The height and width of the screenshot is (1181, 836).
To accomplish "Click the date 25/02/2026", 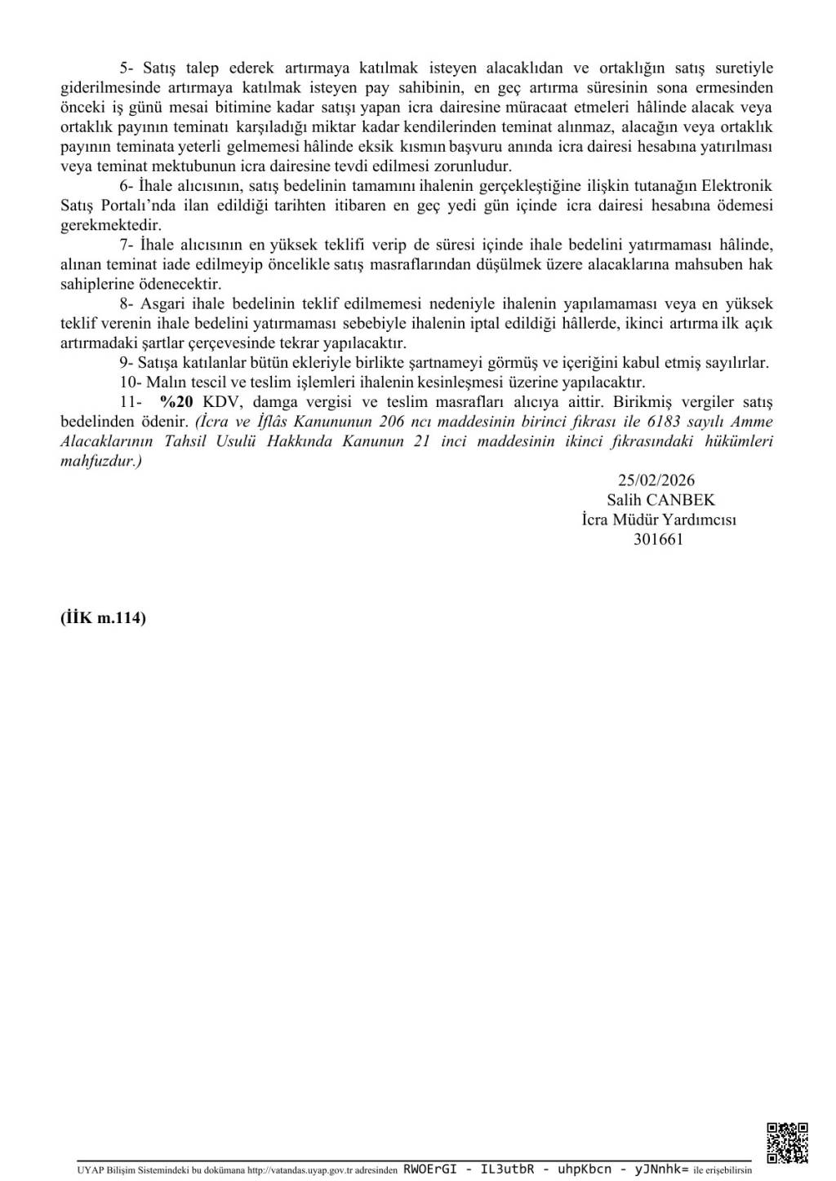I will click(x=656, y=480).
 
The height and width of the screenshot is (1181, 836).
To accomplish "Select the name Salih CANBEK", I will click(x=660, y=500).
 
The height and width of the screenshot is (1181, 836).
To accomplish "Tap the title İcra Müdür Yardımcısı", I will click(x=659, y=520).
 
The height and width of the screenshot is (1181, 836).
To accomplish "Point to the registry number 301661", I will click(x=658, y=539).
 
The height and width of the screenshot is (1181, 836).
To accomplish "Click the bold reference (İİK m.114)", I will click(x=103, y=617).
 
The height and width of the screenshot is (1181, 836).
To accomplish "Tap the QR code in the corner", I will click(x=787, y=1143).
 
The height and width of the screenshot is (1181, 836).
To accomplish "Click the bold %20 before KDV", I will click(x=176, y=402).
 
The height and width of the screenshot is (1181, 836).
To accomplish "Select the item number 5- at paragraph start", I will click(x=127, y=68).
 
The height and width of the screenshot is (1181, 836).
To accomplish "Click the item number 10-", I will click(x=131, y=383).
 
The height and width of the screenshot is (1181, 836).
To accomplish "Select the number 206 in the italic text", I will click(x=393, y=422).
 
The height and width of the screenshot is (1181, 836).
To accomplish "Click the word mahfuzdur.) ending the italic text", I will click(x=101, y=461).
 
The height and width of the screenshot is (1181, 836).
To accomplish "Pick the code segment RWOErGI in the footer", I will click(x=429, y=1169).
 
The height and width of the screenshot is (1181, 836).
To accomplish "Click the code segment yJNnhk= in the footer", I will click(x=661, y=1169).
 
